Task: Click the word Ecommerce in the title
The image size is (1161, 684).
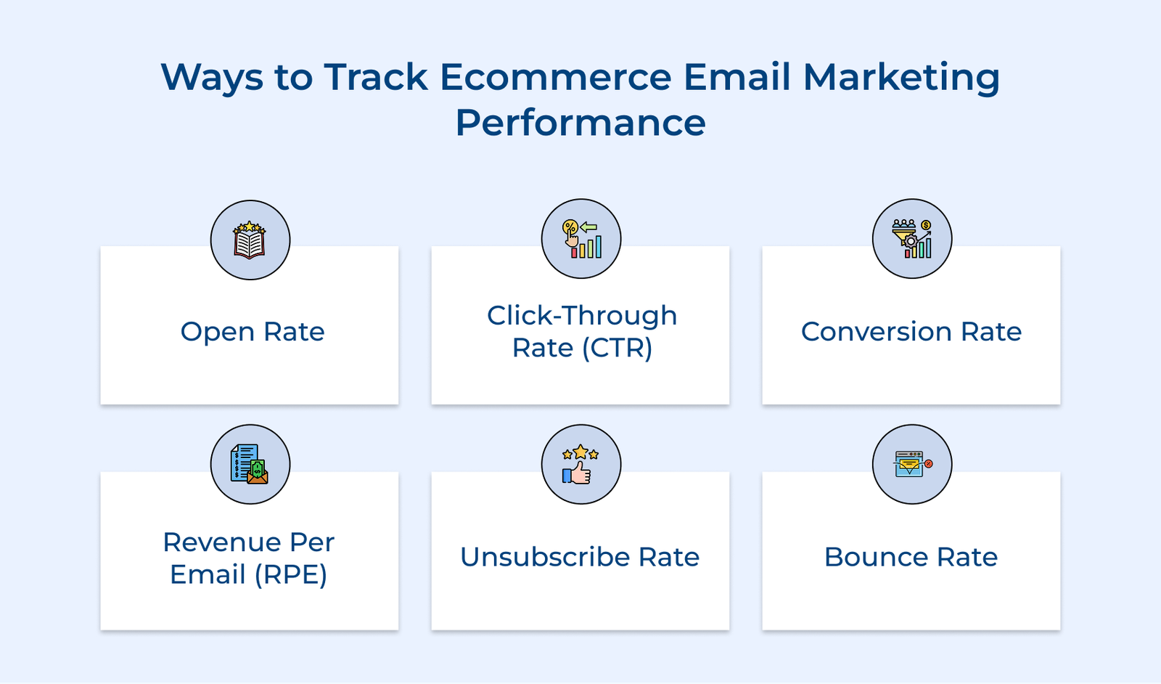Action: pyautogui.click(x=555, y=77)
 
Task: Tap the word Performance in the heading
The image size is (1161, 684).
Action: pyautogui.click(x=580, y=123)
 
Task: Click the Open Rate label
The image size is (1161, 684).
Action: pyautogui.click(x=253, y=332)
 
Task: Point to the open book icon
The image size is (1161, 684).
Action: pyautogui.click(x=250, y=240)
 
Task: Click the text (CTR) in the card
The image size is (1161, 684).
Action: pyautogui.click(x=617, y=348)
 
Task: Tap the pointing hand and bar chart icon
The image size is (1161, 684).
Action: pyautogui.click(x=581, y=239)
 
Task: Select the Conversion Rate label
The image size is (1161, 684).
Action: pyautogui.click(x=911, y=332)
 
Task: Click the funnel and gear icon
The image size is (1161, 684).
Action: pyautogui.click(x=912, y=239)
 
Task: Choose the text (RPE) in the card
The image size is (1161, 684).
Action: pyautogui.click(x=290, y=574)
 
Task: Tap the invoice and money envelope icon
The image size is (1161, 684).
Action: pyautogui.click(x=250, y=465)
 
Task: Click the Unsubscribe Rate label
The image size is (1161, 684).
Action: pyautogui.click(x=580, y=557)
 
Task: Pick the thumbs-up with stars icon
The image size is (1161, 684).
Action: pyautogui.click(x=580, y=465)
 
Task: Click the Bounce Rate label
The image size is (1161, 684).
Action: pyautogui.click(x=911, y=557)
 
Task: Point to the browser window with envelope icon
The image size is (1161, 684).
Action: pyautogui.click(x=912, y=465)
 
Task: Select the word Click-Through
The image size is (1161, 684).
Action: pyautogui.click(x=582, y=316)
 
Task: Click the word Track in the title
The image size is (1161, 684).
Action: pyautogui.click(x=376, y=77)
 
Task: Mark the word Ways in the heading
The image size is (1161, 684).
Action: pyautogui.click(x=211, y=77)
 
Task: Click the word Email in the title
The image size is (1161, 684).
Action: pyautogui.click(x=737, y=77)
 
